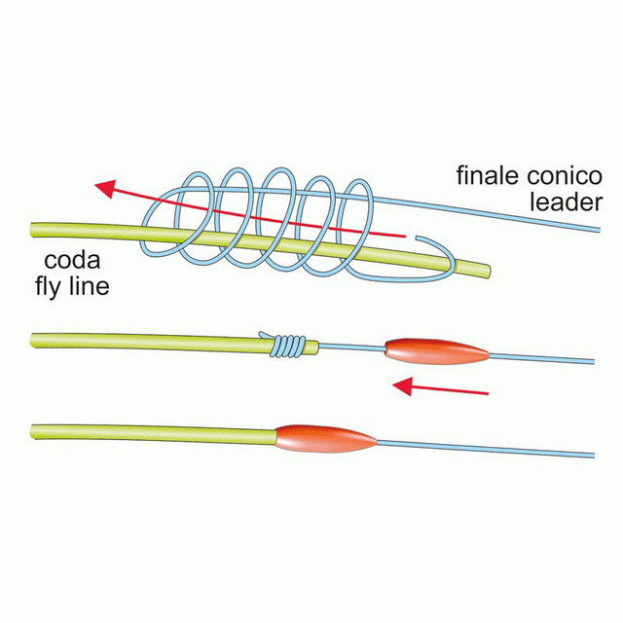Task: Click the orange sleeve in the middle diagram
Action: click(435, 348)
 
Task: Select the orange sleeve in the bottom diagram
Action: click(326, 439)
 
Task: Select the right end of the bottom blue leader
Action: click(593, 455)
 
